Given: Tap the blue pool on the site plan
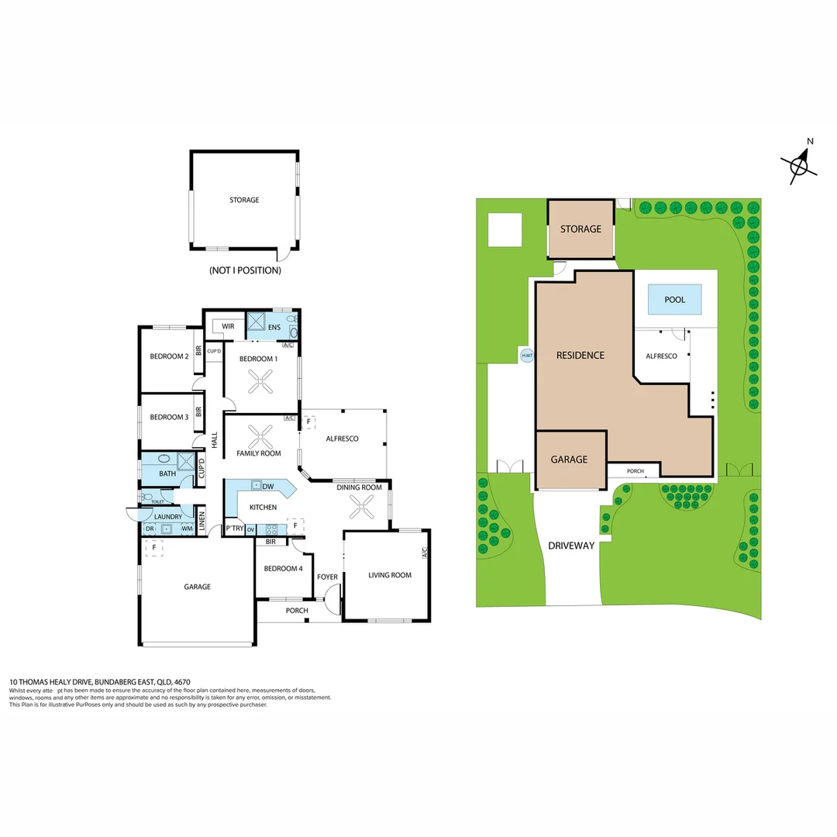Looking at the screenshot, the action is pos(674,299).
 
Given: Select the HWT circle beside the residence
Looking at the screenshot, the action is pos(527,356).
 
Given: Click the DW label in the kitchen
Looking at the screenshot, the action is pos(268,486).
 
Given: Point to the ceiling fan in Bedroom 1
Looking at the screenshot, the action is pos(260,381).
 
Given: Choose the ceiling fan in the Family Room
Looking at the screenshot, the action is pos(260,437).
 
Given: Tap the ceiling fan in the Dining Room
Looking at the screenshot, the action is pos(361,507).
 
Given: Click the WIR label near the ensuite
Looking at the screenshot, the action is pos(228,326).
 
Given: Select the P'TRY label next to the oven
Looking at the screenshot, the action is pos(234,529).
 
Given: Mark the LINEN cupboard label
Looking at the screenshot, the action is pos(201,521).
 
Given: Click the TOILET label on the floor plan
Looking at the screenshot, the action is pos(157,501).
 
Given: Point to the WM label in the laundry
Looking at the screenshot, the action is pos(187,529).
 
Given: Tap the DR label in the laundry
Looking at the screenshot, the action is pos(150,529).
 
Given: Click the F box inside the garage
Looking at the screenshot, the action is pos(154,548).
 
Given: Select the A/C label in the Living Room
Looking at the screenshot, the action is pos(425,553).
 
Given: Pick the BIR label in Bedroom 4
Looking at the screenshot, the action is pos(270,542).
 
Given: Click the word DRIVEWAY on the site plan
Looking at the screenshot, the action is pos(571,546).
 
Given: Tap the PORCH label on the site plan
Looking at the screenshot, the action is pos(635,471).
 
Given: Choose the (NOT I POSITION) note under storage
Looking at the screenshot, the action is pos(245,270).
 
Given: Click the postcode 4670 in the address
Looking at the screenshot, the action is pos(182,682).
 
